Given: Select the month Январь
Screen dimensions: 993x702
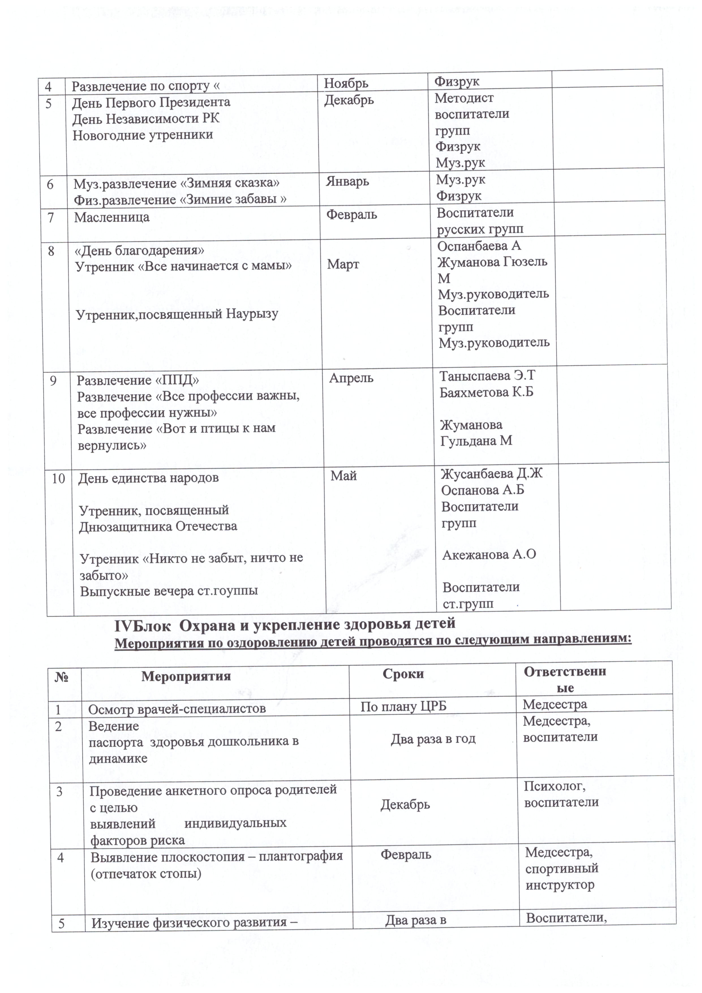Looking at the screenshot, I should click(347, 181).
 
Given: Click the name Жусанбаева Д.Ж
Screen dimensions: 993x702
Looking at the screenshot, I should click(491, 474).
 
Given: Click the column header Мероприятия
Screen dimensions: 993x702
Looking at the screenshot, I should click(186, 676).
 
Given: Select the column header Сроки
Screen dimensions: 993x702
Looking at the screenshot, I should click(403, 674).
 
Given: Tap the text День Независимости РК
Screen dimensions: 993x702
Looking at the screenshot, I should click(146, 119).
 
